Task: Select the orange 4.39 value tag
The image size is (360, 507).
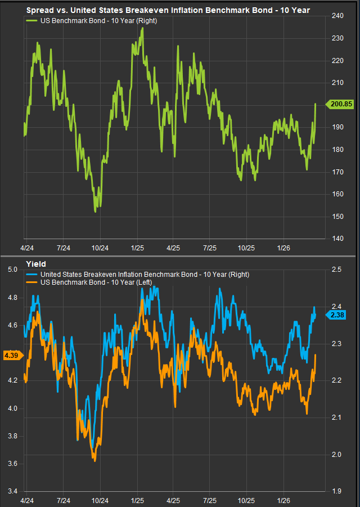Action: pyautogui.click(x=11, y=355)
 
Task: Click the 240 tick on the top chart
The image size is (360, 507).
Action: pyautogui.click(x=337, y=16)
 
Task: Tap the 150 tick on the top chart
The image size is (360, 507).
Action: pyautogui.click(x=337, y=217)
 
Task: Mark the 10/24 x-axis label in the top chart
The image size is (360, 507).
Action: pyautogui.click(x=100, y=248)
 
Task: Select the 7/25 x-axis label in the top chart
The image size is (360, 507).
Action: pyautogui.click(x=209, y=248)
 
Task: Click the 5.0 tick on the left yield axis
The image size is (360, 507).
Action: pyautogui.click(x=12, y=270)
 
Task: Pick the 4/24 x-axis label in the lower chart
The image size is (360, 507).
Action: pyautogui.click(x=27, y=500)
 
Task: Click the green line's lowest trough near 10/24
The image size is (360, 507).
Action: pyautogui.click(x=96, y=212)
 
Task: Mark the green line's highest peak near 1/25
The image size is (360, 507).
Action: pyautogui.click(x=143, y=28)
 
